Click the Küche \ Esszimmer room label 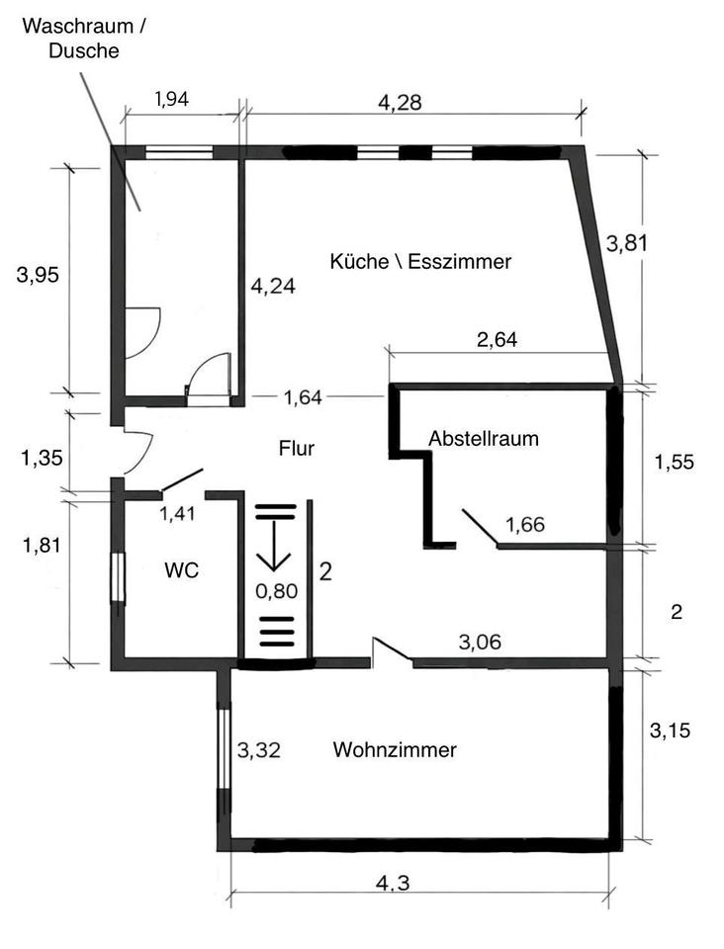tap(420, 262)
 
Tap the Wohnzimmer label tap(395, 750)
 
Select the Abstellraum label tap(484, 438)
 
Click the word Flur tap(297, 449)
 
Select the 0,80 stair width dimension tap(275, 592)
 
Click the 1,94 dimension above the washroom tap(172, 98)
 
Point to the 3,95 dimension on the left tap(38, 276)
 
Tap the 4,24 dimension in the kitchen tap(274, 286)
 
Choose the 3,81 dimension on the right tap(627, 243)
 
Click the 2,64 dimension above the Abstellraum tap(498, 340)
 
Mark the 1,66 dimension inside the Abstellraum tap(525, 524)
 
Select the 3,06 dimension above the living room tap(480, 643)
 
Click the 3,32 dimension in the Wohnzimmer tap(259, 750)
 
